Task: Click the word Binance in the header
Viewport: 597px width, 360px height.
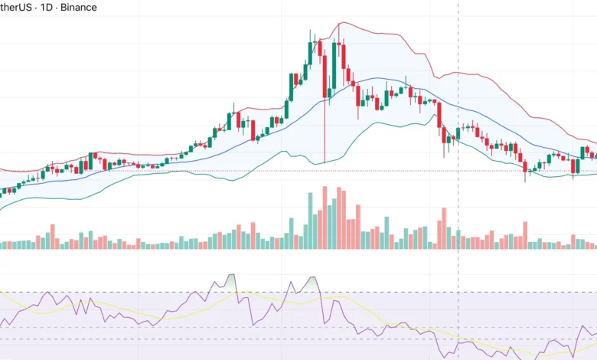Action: (79, 8)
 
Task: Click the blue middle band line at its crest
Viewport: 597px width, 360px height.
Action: (375, 77)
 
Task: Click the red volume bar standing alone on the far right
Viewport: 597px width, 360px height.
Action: (525, 234)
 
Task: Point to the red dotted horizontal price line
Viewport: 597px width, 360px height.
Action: (230, 171)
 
